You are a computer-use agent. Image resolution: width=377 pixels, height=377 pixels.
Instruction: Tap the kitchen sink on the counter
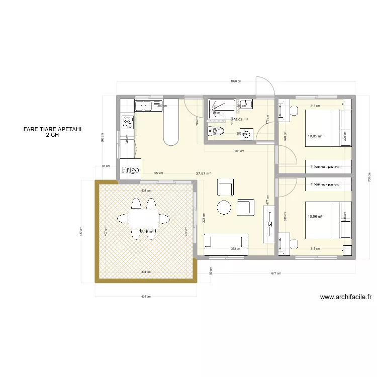(x=143, y=105)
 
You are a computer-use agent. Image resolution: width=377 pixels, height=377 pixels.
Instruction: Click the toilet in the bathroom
(x=219, y=132)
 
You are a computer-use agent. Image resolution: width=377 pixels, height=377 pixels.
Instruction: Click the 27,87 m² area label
(x=203, y=173)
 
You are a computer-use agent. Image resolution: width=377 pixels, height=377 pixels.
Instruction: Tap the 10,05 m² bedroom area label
(x=315, y=136)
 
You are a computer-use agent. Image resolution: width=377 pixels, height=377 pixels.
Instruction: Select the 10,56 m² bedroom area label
(x=315, y=217)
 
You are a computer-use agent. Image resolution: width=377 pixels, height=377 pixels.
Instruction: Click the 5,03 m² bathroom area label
(x=241, y=120)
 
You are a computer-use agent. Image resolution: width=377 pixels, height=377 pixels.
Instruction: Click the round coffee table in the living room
(x=223, y=207)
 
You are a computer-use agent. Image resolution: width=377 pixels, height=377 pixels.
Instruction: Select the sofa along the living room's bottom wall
(x=226, y=241)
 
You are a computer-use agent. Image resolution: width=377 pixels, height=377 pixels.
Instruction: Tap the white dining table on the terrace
(x=143, y=219)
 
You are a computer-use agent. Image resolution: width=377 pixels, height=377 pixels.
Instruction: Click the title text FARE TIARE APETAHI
(x=52, y=129)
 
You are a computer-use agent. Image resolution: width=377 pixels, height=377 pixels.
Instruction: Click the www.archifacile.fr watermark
(x=346, y=297)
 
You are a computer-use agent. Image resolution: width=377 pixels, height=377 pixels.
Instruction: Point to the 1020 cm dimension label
(x=236, y=81)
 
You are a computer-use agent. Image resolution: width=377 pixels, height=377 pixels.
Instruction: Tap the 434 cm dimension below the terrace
(x=145, y=296)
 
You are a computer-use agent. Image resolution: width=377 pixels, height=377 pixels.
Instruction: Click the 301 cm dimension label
(x=239, y=151)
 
